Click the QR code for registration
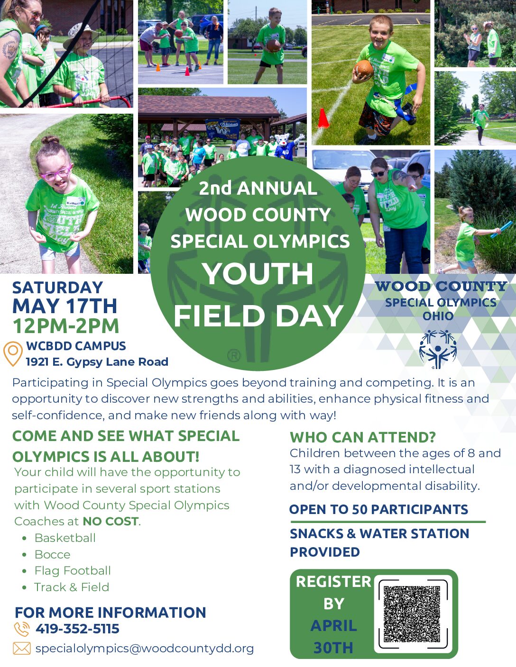click(412, 613)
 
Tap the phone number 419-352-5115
click(77, 628)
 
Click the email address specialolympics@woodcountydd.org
click(145, 649)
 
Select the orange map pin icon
click(13, 354)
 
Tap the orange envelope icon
click(22, 649)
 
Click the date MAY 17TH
click(65, 306)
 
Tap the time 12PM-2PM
click(66, 325)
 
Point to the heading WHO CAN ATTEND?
click(363, 437)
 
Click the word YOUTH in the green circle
click(258, 274)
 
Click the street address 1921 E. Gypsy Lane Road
click(97, 361)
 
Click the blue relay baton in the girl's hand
click(501, 229)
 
